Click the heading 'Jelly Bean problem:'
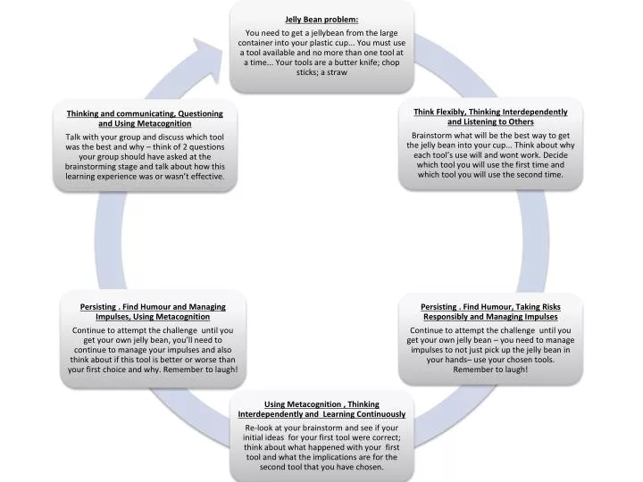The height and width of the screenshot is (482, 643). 321,20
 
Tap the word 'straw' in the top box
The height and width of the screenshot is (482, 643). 337,72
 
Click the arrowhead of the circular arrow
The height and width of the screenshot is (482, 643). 208,60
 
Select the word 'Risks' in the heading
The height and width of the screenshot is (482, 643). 550,307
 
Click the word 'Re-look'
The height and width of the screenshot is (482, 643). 259,428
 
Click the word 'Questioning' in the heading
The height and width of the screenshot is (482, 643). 201,114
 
